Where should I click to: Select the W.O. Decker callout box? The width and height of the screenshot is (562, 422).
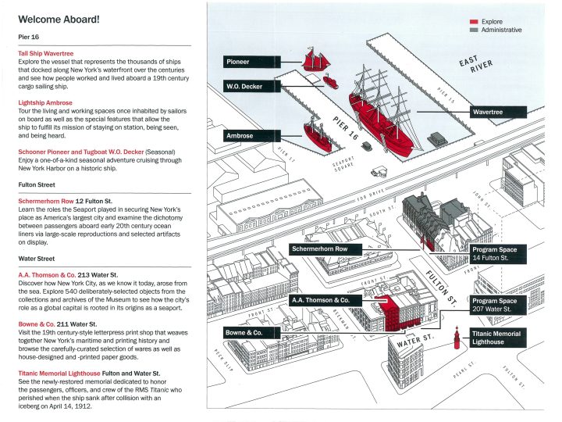point(243,86)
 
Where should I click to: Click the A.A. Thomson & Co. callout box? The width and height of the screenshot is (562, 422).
point(325,299)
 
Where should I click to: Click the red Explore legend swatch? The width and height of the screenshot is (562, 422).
point(474,22)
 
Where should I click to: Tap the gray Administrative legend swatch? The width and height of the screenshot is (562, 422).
point(474,30)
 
